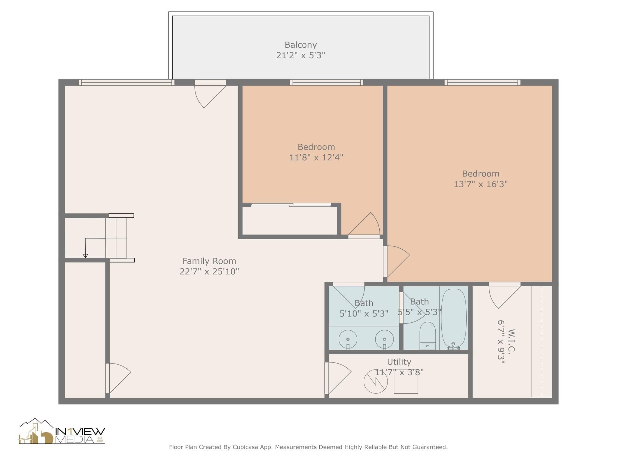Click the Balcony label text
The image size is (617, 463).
[300, 45]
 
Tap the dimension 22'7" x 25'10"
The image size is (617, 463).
[209, 272]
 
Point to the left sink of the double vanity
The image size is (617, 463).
[348, 339]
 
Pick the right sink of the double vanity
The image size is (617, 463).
[384, 339]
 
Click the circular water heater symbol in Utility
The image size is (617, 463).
[375, 381]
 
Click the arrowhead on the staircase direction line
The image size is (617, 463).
[85, 256]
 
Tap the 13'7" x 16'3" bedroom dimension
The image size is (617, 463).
[481, 184]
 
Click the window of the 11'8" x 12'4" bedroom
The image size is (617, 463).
[326, 82]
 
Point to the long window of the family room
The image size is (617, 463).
[126, 82]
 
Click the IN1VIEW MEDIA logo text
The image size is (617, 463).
[80, 435]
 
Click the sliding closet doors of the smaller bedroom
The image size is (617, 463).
[291, 205]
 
